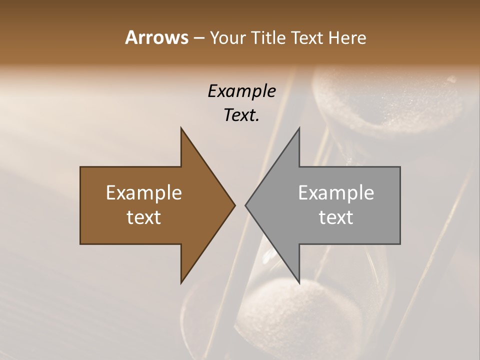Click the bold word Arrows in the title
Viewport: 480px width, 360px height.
[156, 37]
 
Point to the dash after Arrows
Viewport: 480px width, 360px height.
[198, 38]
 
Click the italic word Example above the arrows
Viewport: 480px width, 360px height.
[241, 91]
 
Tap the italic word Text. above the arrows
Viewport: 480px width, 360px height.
[241, 115]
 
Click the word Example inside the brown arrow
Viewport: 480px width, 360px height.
[144, 192]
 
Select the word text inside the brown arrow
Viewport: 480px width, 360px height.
[144, 217]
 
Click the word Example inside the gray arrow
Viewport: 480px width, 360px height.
[336, 192]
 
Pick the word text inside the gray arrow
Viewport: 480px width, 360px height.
[336, 217]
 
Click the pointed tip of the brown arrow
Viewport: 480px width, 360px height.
[234, 205]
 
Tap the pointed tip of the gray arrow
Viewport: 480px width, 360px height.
[246, 205]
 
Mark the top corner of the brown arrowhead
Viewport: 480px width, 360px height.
[181, 129]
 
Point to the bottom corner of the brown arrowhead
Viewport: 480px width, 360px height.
[181, 282]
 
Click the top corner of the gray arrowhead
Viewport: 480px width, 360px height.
[299, 129]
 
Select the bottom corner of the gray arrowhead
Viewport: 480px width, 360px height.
[299, 282]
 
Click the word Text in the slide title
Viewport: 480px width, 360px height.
[307, 38]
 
